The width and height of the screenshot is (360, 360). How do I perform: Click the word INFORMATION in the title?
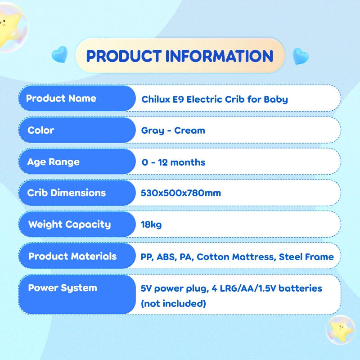pos(219,56)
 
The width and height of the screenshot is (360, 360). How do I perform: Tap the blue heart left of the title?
pos(60,54)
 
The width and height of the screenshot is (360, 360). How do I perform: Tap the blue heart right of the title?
pos(300,56)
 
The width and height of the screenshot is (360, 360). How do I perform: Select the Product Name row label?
pos(61,98)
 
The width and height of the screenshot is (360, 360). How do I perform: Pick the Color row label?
pos(40,130)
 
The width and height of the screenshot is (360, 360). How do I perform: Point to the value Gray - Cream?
pos(173,130)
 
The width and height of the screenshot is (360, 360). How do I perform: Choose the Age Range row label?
pos(54,162)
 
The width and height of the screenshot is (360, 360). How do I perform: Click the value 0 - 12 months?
pos(173,162)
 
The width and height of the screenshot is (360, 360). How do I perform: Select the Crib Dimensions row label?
pos(66,193)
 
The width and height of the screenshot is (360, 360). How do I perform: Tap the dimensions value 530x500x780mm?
pos(181,193)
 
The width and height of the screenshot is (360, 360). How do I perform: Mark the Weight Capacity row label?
pos(69,224)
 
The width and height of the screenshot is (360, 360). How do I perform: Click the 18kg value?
pos(151,225)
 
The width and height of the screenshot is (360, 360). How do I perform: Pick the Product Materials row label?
pos(72,256)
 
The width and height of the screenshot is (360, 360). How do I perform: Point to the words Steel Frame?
pos(306,257)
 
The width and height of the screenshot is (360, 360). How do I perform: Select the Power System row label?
pos(63,288)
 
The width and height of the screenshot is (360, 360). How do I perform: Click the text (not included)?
pos(173,303)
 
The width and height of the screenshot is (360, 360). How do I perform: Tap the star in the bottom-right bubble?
pos(341,330)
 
